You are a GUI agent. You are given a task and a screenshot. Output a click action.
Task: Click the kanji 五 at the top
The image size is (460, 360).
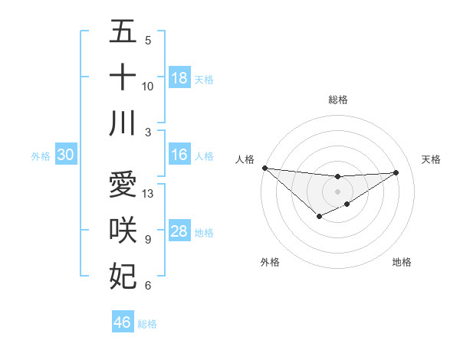point(123,32)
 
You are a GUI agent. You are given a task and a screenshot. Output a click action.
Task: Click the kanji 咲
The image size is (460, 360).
point(123,231)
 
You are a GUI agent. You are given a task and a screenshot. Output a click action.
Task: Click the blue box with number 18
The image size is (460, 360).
point(179,77)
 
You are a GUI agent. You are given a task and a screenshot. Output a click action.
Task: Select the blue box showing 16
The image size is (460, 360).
point(179,155)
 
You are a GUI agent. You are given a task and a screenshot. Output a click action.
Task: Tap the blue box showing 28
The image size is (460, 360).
point(179,231)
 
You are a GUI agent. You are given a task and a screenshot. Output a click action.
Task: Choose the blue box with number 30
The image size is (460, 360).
point(65,155)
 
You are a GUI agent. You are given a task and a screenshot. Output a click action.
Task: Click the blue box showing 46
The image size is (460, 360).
point(123,322)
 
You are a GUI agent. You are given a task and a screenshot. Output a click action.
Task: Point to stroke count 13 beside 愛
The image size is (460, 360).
point(148,194)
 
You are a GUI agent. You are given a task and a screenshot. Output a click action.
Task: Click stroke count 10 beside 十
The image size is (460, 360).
point(148,86)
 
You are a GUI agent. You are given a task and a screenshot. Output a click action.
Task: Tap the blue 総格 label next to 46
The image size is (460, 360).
point(147,323)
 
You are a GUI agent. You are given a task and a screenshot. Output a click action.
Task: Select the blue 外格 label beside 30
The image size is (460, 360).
point(41,155)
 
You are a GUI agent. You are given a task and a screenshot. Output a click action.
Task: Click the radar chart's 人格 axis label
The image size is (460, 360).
point(245,159)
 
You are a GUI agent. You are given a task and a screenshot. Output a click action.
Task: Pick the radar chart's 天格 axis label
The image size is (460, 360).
point(432,159)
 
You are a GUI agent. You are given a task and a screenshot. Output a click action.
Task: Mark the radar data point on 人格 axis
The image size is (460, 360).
point(264,168)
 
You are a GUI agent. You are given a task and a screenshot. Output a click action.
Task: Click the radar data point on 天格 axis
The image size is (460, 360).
point(396,172)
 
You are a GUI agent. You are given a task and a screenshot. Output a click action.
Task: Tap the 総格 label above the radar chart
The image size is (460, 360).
point(338,100)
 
